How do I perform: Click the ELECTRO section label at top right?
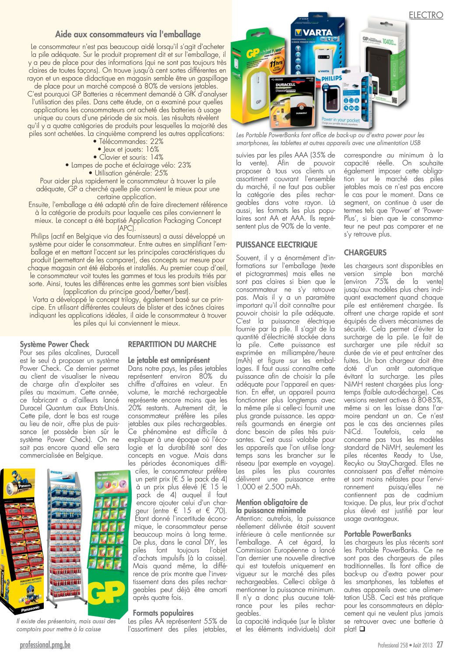click(x=425, y=15)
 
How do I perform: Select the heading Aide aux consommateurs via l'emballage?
click(x=128, y=34)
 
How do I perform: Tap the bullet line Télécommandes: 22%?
click(x=128, y=141)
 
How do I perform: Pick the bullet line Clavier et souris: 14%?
click(x=128, y=157)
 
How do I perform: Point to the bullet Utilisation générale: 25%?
click(x=128, y=173)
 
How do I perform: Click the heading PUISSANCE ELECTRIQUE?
click(x=277, y=244)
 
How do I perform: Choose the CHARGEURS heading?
click(x=365, y=253)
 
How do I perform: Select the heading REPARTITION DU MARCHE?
click(x=172, y=344)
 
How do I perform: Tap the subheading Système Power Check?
click(x=54, y=344)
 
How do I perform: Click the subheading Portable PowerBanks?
click(x=377, y=534)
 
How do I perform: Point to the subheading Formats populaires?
click(x=163, y=613)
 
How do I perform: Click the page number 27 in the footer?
click(x=439, y=644)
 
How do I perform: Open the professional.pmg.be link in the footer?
click(x=45, y=644)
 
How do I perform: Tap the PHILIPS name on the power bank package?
click(x=332, y=78)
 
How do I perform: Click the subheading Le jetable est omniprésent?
click(x=168, y=360)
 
